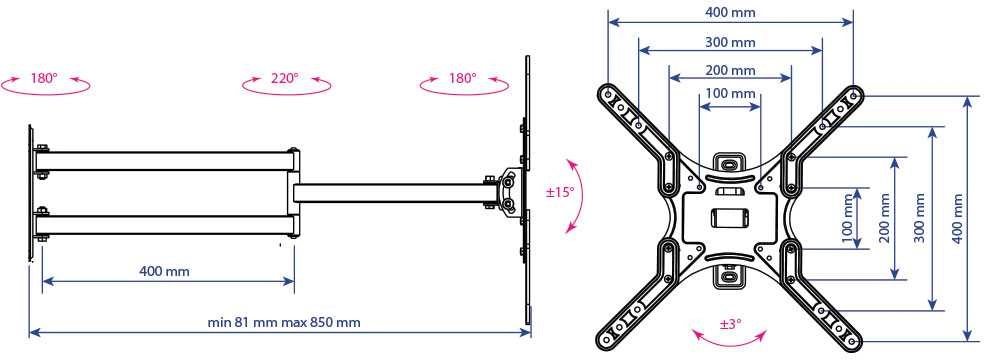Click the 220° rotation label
click(285, 78)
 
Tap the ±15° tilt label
click(560, 192)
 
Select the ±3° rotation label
click(730, 324)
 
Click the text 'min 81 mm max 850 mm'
click(284, 322)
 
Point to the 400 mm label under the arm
click(164, 272)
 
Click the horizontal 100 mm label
click(730, 93)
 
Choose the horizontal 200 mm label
click(730, 70)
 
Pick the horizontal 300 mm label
click(730, 43)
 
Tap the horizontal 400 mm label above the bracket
click(730, 12)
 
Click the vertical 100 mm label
click(847, 218)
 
